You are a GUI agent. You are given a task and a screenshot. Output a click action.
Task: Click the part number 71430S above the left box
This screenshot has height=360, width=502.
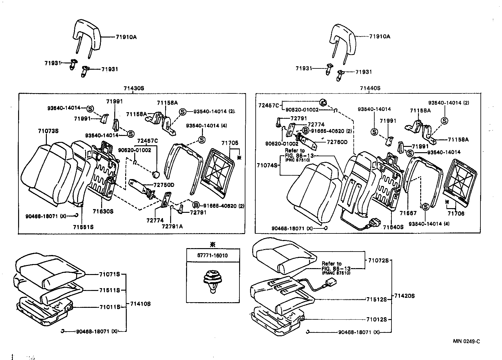134,88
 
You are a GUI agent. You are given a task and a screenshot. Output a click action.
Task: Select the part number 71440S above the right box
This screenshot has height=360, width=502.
370,88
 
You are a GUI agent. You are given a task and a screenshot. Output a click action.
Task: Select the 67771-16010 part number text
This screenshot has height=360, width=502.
213,255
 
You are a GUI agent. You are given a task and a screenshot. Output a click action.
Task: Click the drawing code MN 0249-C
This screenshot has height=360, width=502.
466,341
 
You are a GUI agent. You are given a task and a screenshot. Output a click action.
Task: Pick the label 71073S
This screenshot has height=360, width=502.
48,131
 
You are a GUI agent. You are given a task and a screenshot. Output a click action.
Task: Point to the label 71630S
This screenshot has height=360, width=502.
103,211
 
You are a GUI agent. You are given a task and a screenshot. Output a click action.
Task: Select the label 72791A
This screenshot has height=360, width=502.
172,226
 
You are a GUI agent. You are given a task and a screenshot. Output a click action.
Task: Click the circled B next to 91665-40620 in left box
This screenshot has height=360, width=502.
195,205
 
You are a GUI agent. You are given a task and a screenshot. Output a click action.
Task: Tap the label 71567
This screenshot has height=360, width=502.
408,213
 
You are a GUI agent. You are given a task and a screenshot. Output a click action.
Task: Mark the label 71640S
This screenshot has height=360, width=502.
393,227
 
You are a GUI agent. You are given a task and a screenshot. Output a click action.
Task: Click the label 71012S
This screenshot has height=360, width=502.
376,319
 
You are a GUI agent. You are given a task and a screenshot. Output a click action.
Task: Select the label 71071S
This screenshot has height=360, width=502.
110,274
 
